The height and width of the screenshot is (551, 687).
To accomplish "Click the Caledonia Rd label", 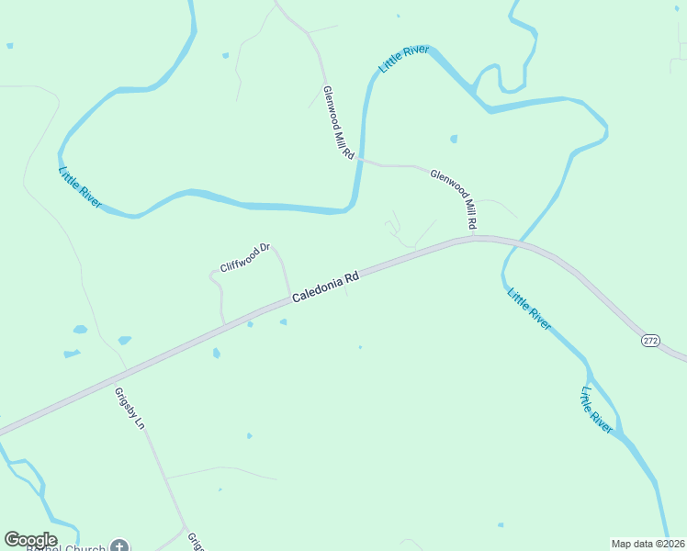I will tap(324, 286).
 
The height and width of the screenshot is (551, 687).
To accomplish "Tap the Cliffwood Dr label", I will tap(244, 258).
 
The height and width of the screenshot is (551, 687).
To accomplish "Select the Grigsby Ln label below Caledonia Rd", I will tap(130, 409).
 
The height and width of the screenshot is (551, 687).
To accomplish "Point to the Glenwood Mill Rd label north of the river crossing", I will tap(338, 124).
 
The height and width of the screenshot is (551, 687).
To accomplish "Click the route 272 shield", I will tap(650, 340).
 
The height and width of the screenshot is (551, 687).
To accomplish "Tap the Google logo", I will tap(30, 540).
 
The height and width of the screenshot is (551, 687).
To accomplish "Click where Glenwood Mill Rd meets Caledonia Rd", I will tap(474, 238).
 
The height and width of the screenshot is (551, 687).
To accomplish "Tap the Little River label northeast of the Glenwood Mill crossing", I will tap(403, 60).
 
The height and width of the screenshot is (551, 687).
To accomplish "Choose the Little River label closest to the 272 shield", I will tap(596, 410).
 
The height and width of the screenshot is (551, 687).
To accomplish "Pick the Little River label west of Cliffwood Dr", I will tap(79, 186).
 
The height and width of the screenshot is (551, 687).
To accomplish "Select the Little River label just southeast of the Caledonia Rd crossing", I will tap(529, 310).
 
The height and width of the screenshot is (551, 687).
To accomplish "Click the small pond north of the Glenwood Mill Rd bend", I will tap(454, 140).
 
